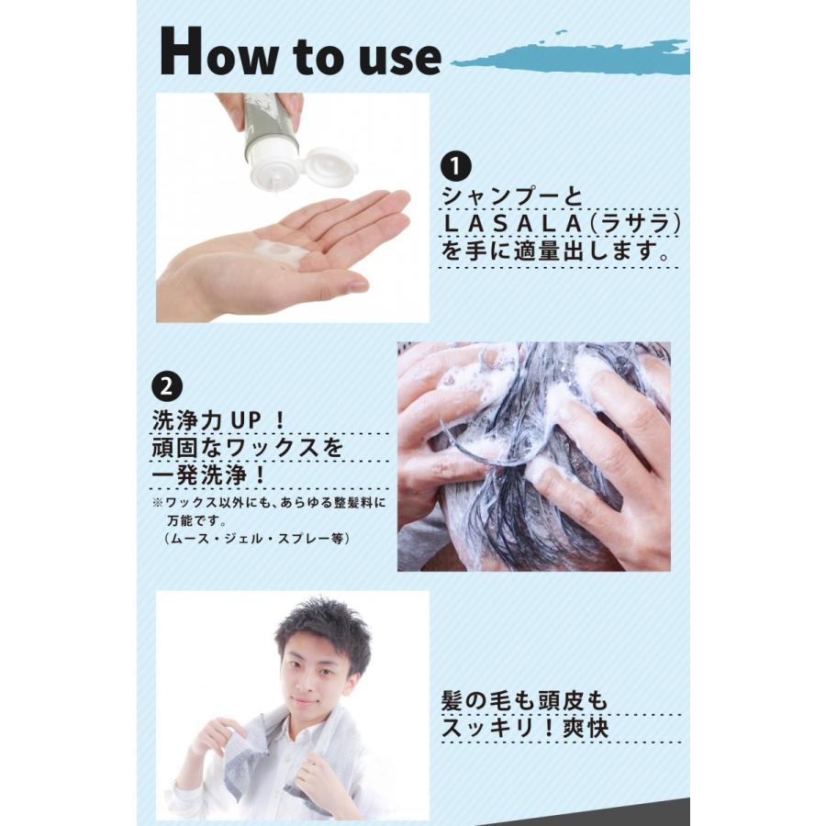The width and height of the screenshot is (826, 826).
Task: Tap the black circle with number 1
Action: [455, 168]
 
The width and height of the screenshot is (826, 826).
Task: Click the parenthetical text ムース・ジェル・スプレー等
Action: [256, 538]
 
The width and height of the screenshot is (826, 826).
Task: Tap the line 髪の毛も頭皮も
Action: [524, 700]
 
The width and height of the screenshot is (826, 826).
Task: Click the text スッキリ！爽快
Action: [524, 729]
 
